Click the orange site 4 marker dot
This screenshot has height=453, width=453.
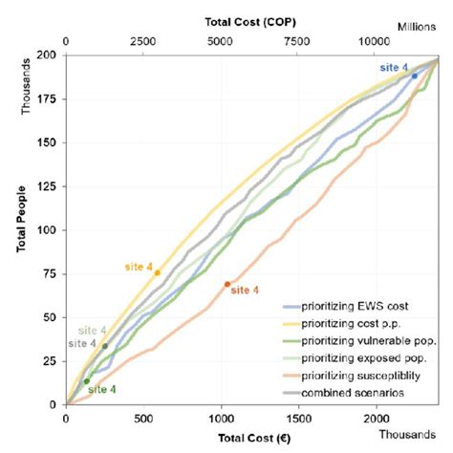(x=226, y=284)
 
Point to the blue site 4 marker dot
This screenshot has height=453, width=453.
(x=414, y=75)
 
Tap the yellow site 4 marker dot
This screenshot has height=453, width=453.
(x=157, y=273)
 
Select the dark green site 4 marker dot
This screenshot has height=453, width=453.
(x=86, y=381)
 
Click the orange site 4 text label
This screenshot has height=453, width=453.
(x=246, y=291)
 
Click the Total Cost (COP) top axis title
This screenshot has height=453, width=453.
(x=251, y=20)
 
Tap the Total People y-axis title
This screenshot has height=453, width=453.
(x=20, y=230)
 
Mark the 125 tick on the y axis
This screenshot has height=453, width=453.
(x=46, y=186)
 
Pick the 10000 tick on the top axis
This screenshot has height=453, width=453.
(x=375, y=42)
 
